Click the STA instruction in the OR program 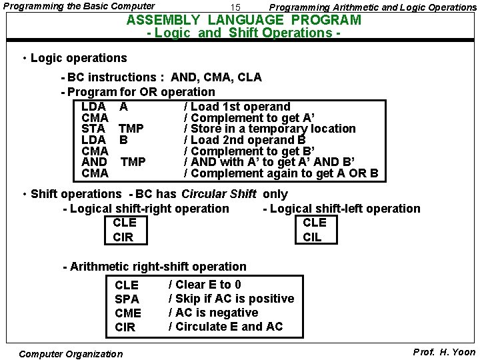pos(93,129)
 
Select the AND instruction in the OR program pos(94,162)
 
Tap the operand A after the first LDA pos(123,107)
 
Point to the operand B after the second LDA pos(123,140)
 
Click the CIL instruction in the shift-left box pos(312,237)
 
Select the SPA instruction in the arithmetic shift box pos(127,299)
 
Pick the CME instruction pos(128,313)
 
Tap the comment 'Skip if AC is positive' pos(231,299)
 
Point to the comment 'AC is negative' pos(213,313)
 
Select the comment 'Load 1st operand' pos(237,107)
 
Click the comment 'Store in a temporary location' pos(269,129)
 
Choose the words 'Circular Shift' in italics pos(219,194)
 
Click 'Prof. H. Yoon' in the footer pos(444,352)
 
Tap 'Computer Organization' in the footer pos(71,354)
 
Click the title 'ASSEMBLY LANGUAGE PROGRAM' pos(244,20)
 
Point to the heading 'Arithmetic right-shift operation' pos(158,267)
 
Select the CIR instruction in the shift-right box pos(123,237)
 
